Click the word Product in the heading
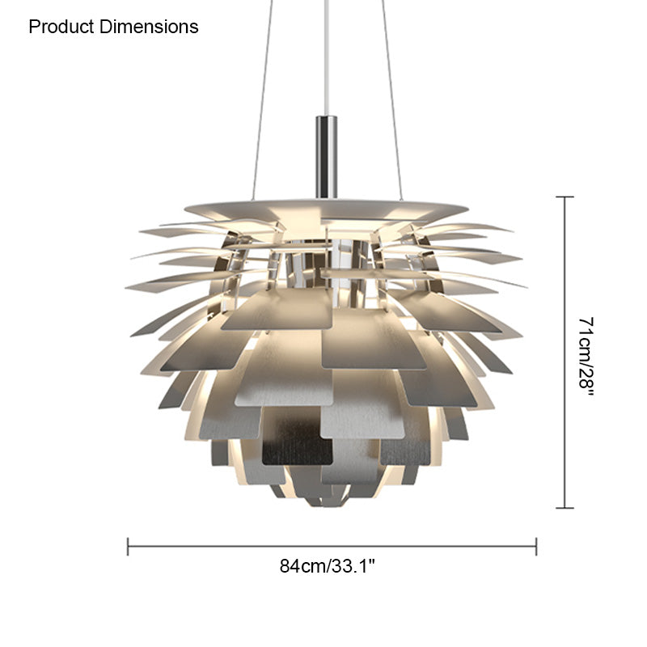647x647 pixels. pyautogui.click(x=61, y=27)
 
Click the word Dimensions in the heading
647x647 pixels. pyautogui.click(x=149, y=27)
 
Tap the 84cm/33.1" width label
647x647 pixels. pyautogui.click(x=328, y=565)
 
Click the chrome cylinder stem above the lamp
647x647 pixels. pyautogui.click(x=327, y=157)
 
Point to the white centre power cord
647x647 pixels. pyautogui.click(x=327, y=57)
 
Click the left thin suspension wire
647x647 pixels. pyautogui.click(x=262, y=99)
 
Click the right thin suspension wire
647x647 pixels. pyautogui.click(x=391, y=99)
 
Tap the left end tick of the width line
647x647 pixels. pyautogui.click(x=128, y=547)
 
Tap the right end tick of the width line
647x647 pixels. pyautogui.click(x=536, y=547)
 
